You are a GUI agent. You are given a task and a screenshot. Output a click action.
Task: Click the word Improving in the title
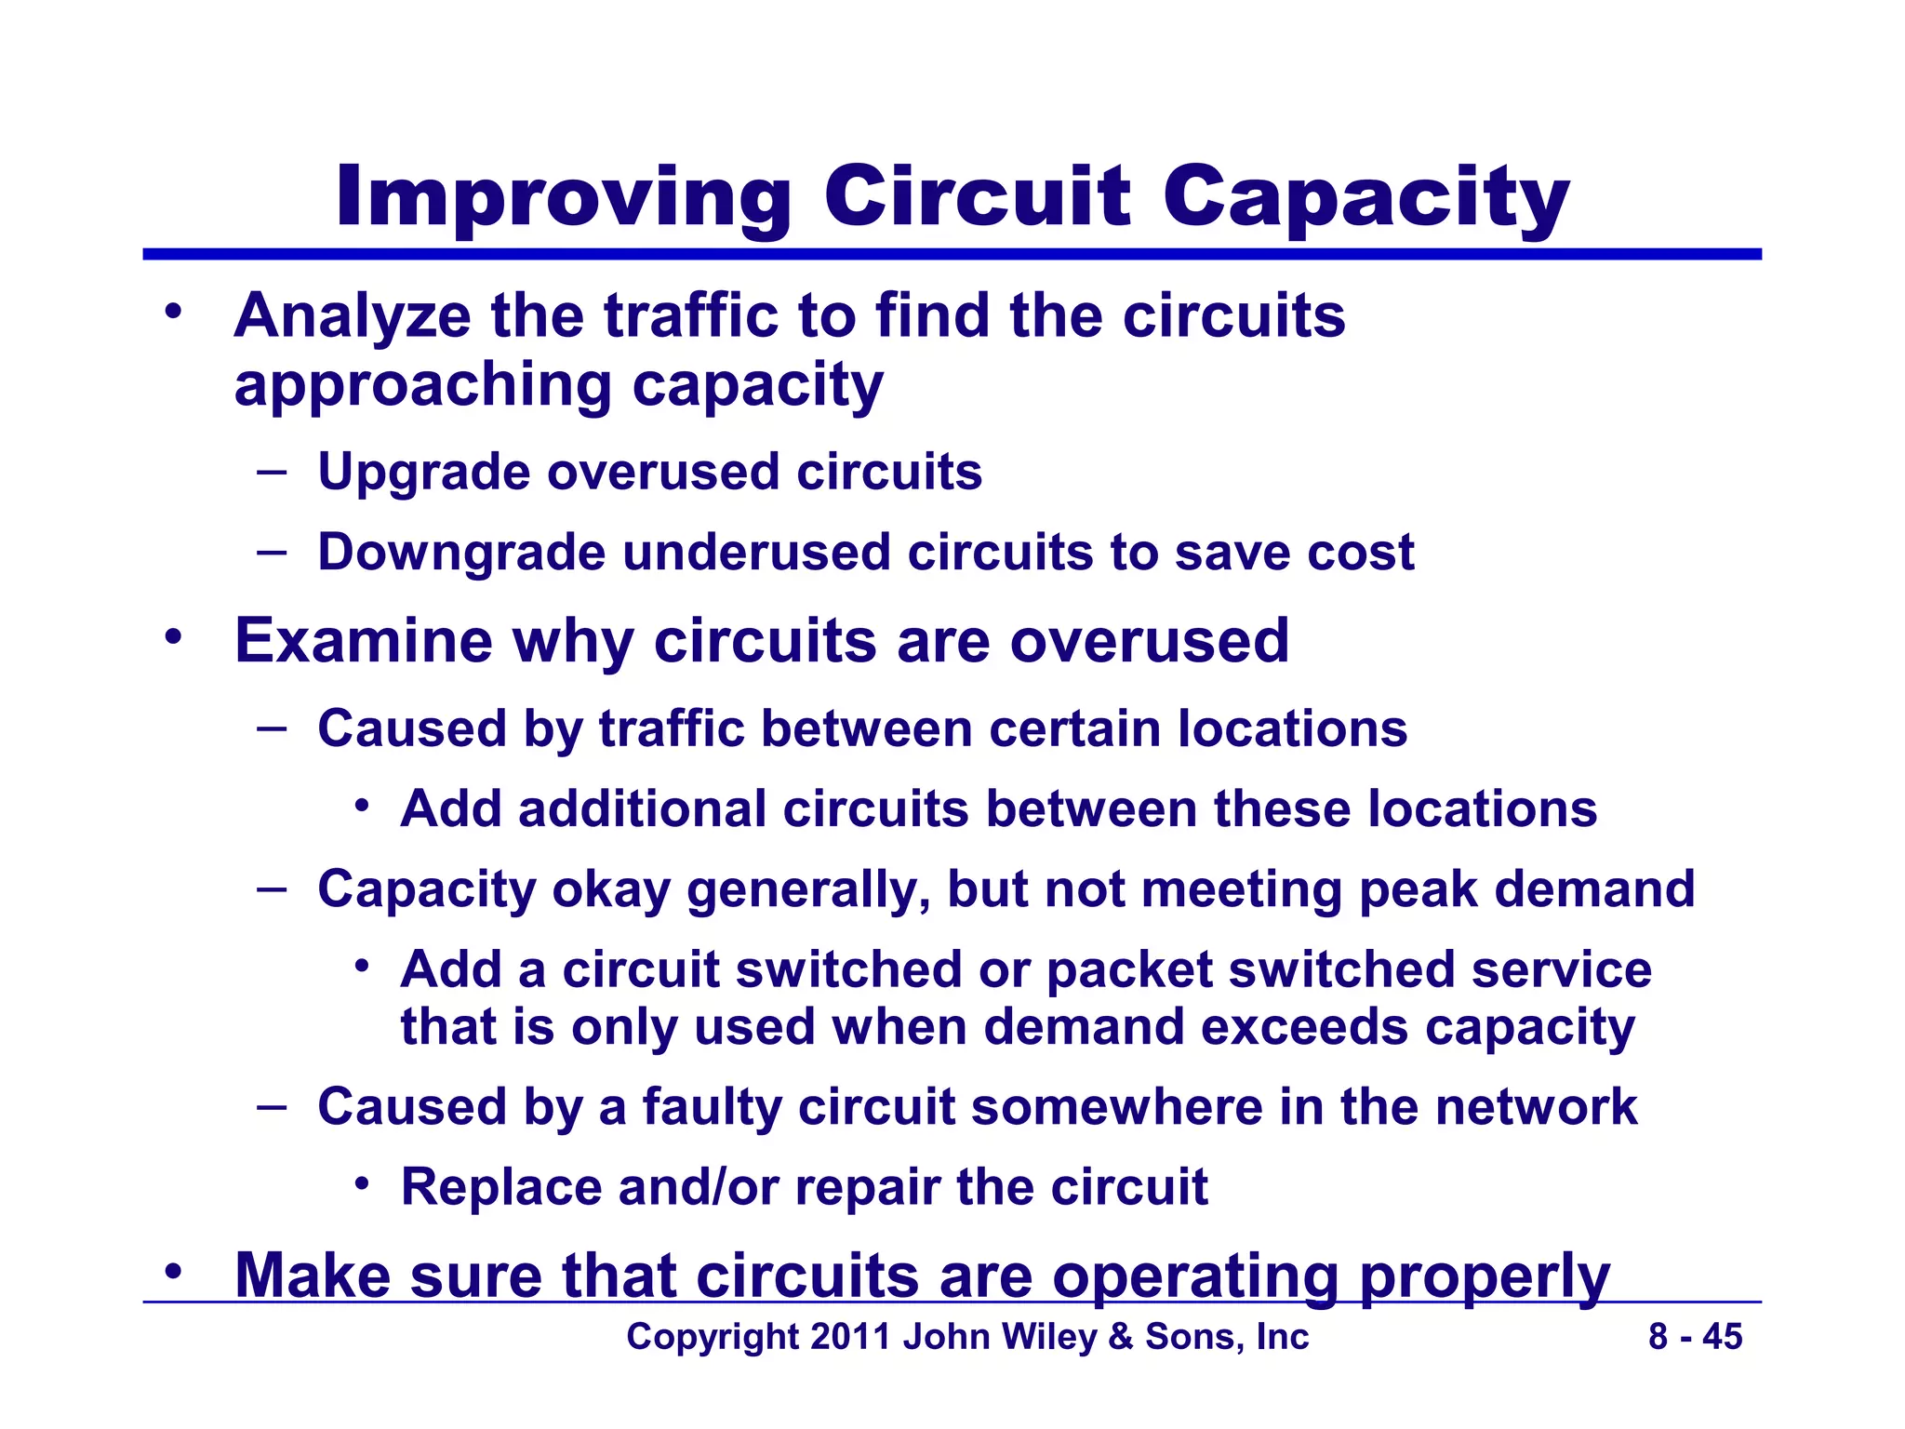tap(564, 197)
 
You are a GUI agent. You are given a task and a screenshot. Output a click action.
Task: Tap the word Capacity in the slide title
tap(1365, 197)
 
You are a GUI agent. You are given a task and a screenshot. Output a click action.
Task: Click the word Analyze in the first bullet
tap(353, 316)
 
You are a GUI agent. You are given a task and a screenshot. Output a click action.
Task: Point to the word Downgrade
tap(461, 553)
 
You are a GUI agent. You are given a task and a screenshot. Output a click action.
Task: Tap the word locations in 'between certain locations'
tap(1292, 728)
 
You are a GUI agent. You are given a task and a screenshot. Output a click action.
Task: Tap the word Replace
tap(500, 1188)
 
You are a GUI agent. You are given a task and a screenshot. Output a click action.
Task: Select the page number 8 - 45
tap(1695, 1337)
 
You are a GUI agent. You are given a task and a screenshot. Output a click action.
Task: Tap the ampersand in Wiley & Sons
tap(1121, 1337)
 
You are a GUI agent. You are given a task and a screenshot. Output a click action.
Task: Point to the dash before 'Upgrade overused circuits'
tap(272, 472)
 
